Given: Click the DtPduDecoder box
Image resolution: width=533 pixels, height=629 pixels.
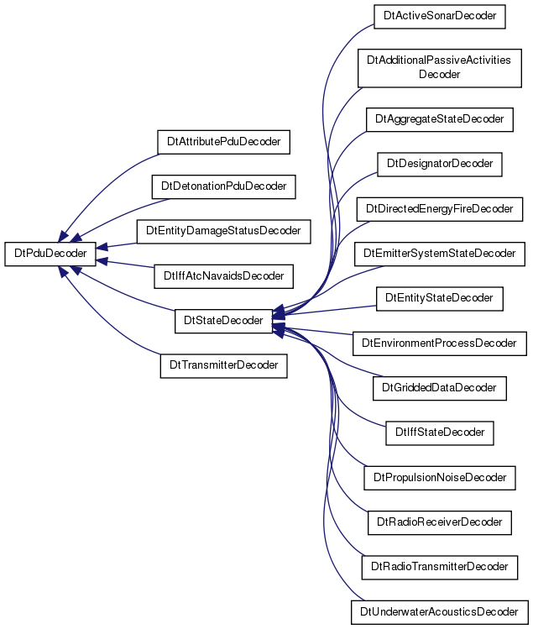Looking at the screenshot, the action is point(50,254).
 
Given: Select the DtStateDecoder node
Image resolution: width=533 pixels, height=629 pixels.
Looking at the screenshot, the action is point(223,321).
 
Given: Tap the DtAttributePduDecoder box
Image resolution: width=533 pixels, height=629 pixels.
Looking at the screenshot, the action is point(224,142).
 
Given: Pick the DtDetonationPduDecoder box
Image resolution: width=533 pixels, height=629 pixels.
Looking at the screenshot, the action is point(224,186).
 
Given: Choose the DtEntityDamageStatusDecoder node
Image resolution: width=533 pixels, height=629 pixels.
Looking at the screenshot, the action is point(224,231).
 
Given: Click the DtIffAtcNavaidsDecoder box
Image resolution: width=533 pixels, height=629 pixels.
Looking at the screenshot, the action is point(224,276).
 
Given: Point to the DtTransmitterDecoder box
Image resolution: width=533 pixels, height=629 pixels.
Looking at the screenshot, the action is point(224,365).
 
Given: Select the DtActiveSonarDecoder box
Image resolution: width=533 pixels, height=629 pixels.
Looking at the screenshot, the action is point(440,17).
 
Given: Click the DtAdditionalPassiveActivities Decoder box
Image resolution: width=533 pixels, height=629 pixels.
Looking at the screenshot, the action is point(440,68).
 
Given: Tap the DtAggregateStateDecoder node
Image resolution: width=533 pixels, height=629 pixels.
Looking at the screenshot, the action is point(440,119).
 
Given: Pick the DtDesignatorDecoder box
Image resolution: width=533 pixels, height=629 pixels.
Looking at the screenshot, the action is point(440,164).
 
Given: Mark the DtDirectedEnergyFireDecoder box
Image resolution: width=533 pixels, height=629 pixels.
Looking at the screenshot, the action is point(440,209).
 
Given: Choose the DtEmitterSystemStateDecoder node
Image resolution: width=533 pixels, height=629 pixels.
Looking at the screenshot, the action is point(440,254).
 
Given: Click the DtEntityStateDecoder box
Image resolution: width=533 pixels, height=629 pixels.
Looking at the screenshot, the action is point(440,298).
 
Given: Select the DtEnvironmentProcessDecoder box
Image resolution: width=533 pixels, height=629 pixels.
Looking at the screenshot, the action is point(440,343).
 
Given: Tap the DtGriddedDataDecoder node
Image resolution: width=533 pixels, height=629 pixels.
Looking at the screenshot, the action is point(440,388).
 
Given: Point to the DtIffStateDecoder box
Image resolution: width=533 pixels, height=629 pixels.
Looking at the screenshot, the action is point(440,432).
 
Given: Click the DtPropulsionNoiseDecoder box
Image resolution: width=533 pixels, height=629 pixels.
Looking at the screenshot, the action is point(440,478).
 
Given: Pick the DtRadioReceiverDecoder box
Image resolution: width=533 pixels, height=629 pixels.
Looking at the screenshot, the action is point(440,522).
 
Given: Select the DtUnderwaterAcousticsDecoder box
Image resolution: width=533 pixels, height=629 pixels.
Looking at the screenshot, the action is point(440,612).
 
